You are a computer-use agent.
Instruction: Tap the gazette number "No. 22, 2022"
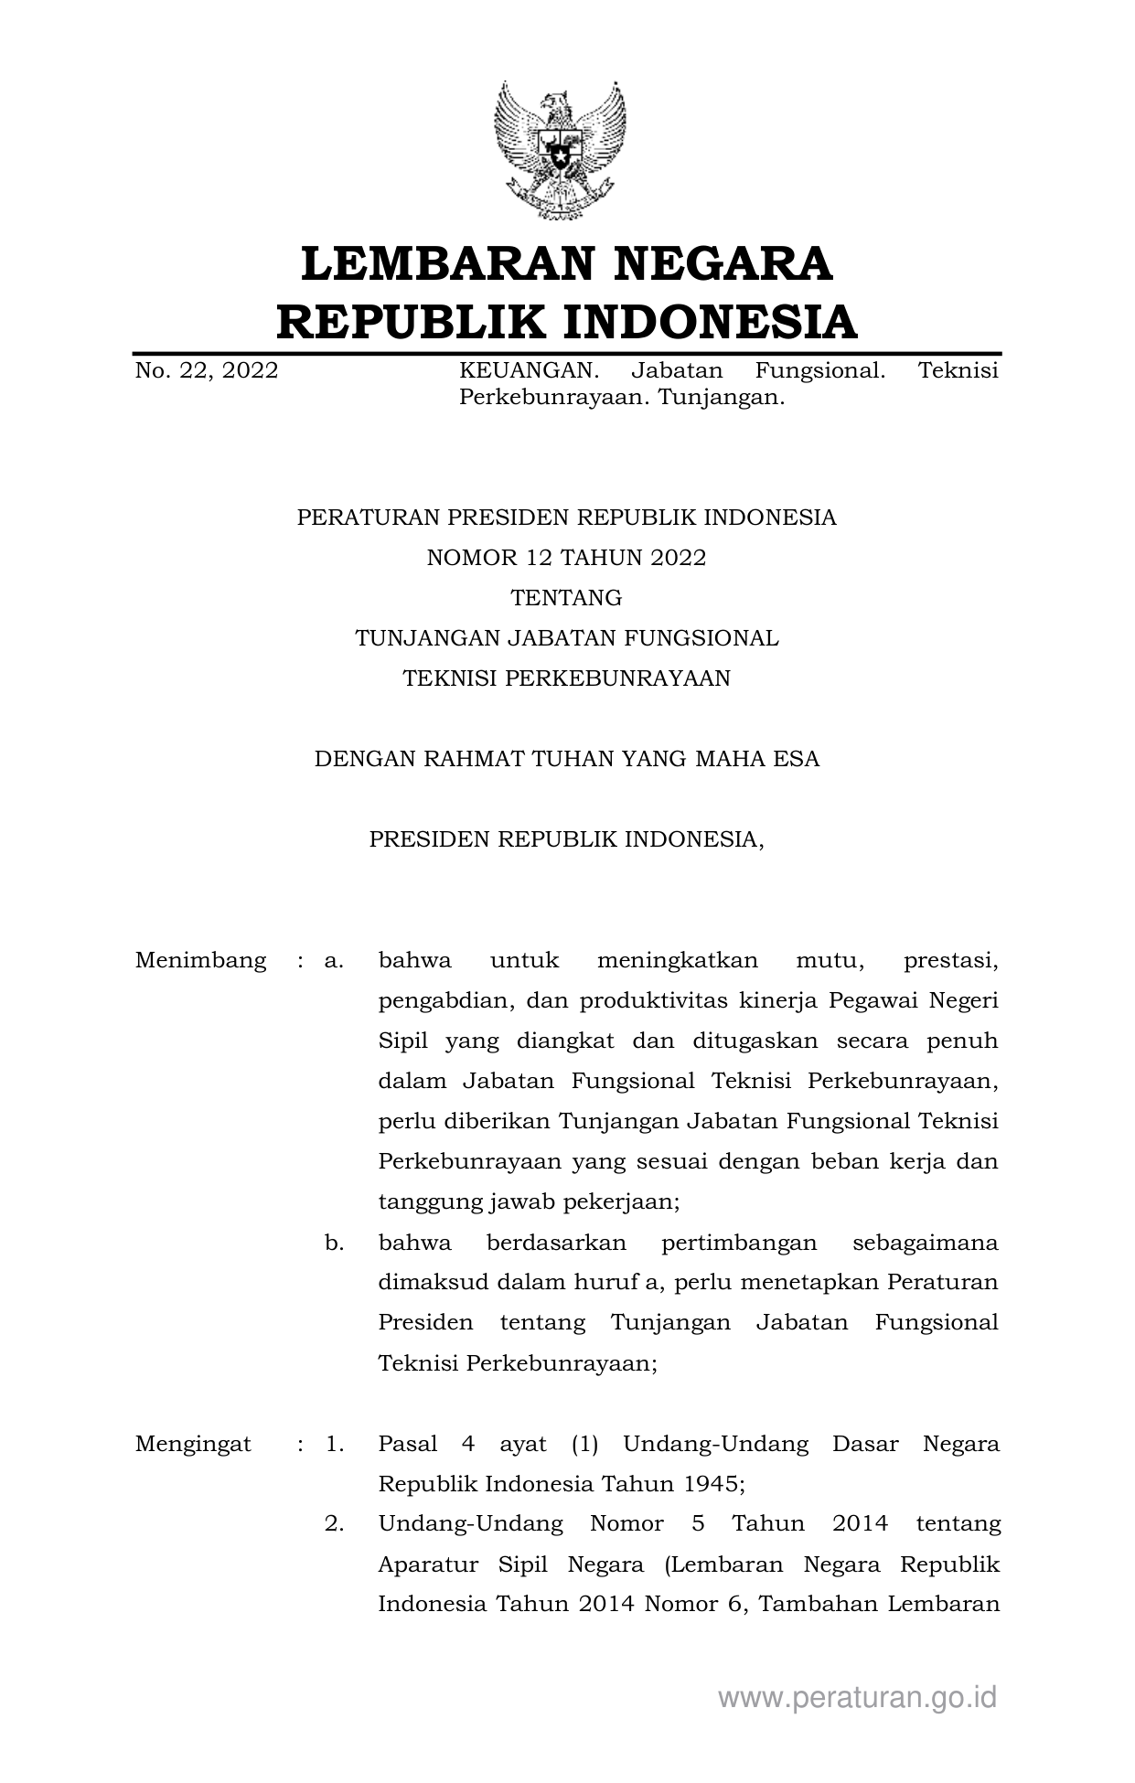tap(207, 370)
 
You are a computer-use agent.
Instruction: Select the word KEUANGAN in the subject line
tap(529, 370)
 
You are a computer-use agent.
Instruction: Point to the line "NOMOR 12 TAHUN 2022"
tap(566, 558)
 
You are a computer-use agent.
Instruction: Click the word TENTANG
tap(566, 598)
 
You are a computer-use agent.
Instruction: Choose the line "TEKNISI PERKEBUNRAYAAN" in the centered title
tap(566, 678)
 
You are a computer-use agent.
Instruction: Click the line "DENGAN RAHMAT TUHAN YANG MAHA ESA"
tap(566, 759)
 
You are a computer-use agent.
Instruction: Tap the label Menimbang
tap(200, 961)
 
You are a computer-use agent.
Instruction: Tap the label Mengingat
tap(193, 1445)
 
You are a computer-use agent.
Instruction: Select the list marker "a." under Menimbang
tap(334, 961)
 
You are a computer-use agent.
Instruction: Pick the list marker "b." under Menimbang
tap(334, 1243)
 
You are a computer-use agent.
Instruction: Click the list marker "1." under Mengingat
tap(334, 1445)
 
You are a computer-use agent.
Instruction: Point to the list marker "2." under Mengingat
tap(334, 1524)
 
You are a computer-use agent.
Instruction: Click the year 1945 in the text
tap(712, 1484)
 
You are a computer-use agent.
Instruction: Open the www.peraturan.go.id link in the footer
tap(857, 1698)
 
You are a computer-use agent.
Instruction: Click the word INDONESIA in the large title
tap(709, 322)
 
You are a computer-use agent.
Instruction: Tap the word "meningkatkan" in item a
tap(678, 961)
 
